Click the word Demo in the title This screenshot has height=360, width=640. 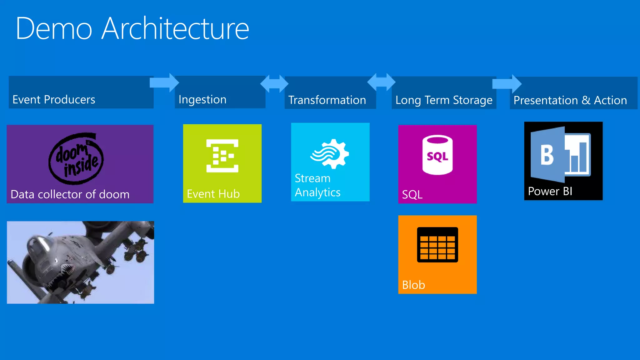coord(54,29)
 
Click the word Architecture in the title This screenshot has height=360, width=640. coord(175,29)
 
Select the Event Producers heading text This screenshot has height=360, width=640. coord(54,100)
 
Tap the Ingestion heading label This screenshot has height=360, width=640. coord(202,100)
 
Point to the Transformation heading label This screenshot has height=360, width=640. coord(327,100)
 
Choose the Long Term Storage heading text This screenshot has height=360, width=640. coord(444,100)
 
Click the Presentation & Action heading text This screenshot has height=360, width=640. coord(570,101)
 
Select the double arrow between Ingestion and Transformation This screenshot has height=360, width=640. coord(274,84)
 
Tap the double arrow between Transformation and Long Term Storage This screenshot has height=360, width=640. coord(381,82)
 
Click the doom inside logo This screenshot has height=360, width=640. coord(76,158)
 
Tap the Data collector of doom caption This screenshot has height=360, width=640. coord(70,194)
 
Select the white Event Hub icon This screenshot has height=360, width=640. coord(222,156)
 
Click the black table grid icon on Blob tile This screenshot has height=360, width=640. coord(437,245)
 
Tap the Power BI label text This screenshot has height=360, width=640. coord(550,191)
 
